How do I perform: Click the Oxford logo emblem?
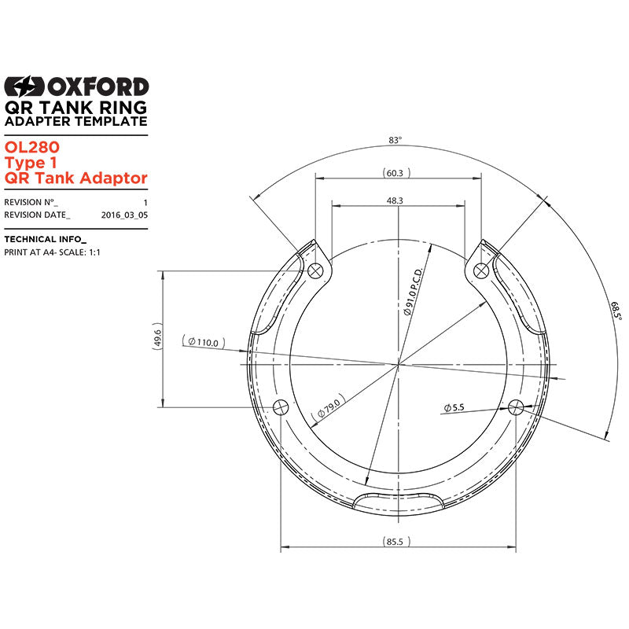pyautogui.click(x=24, y=86)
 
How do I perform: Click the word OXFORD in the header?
pyautogui.click(x=98, y=86)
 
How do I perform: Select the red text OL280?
pyautogui.click(x=32, y=147)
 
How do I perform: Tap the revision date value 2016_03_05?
pyautogui.click(x=124, y=215)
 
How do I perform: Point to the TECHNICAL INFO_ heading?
pyautogui.click(x=46, y=239)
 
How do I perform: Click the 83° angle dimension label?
pyautogui.click(x=395, y=140)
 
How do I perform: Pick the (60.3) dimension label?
pyautogui.click(x=396, y=173)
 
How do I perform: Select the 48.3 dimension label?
pyautogui.click(x=395, y=200)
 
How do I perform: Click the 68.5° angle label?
pyautogui.click(x=616, y=311)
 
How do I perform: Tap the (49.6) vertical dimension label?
pyautogui.click(x=157, y=337)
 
